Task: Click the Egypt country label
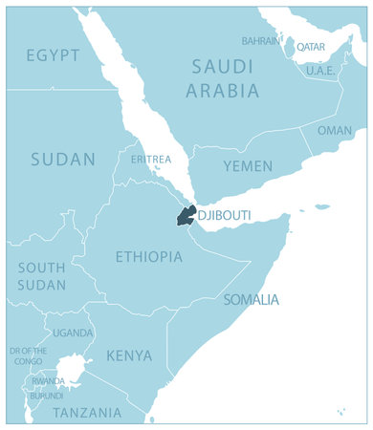(x=53, y=55)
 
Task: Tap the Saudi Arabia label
(x=223, y=78)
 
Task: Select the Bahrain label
(x=260, y=41)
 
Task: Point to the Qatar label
(x=310, y=46)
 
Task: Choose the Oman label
(x=334, y=130)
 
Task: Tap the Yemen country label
(x=248, y=166)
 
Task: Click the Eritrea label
(x=150, y=159)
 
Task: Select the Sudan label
(x=62, y=160)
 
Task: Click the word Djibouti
(x=224, y=216)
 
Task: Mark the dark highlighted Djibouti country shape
(x=186, y=216)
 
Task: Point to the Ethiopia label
(x=148, y=256)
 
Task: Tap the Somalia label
(x=252, y=299)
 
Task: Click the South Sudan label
(x=42, y=276)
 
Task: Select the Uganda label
(x=73, y=333)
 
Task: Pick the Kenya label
(x=129, y=355)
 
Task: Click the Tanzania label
(x=87, y=413)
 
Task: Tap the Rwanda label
(x=48, y=381)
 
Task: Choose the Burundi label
(x=47, y=395)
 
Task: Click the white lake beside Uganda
(x=69, y=368)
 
